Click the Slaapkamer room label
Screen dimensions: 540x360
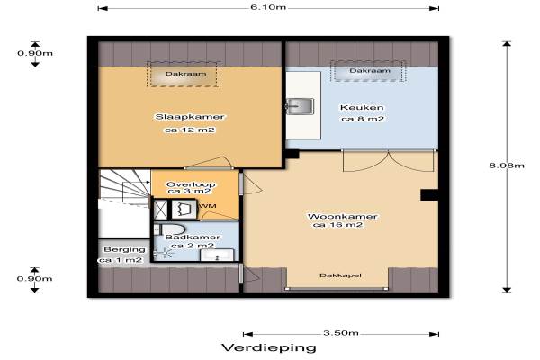[x=190, y=117]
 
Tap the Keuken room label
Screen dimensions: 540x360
[x=362, y=107]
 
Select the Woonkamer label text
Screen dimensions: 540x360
[x=342, y=217]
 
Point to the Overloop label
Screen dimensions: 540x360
[x=191, y=184]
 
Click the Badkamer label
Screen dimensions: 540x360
[x=193, y=238]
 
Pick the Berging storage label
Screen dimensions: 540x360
[x=124, y=249]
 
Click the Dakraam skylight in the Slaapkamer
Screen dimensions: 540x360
[x=184, y=74]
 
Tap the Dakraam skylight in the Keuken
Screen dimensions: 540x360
[x=368, y=71]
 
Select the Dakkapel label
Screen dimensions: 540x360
[x=340, y=275]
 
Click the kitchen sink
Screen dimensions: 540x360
[x=300, y=106]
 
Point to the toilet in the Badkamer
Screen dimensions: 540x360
[x=170, y=229]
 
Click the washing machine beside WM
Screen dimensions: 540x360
[x=184, y=209]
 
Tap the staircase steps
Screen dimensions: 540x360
[x=125, y=188]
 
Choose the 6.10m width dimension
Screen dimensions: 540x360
[x=268, y=7]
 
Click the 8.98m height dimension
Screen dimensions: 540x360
[x=506, y=166]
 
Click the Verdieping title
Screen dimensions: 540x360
[x=269, y=347]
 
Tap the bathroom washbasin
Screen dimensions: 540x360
[x=217, y=256]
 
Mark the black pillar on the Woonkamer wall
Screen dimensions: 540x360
[x=429, y=195]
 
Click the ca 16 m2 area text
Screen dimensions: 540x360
[x=338, y=225]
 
